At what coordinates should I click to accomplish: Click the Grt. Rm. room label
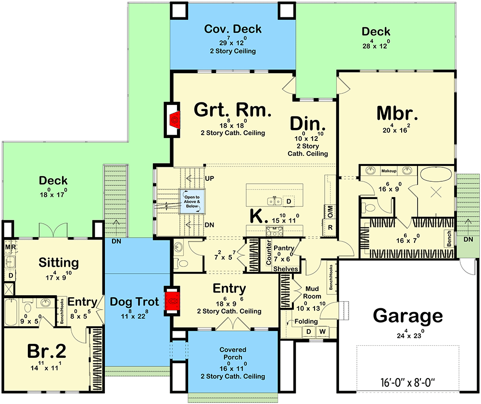(x=233, y=110)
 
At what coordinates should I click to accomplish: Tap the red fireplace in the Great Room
(x=175, y=118)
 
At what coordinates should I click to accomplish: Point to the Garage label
(x=408, y=316)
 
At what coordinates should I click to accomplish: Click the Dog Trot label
(x=134, y=302)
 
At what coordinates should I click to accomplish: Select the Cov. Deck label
(x=233, y=29)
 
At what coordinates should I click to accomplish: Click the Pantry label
(x=284, y=248)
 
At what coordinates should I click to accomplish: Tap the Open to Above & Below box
(x=192, y=201)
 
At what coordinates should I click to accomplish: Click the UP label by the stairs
(x=209, y=178)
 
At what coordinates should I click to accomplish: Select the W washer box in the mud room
(x=321, y=331)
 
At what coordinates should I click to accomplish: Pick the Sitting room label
(x=59, y=263)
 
